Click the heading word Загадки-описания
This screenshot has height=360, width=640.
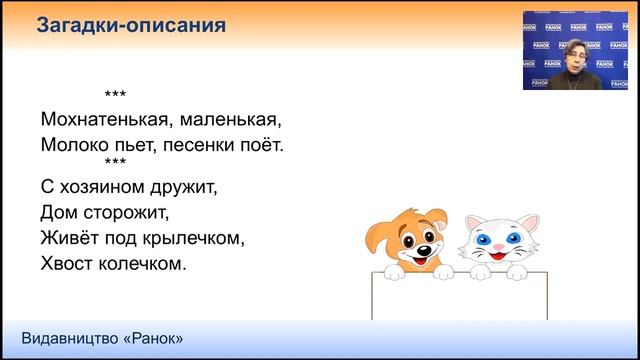[x=130, y=26]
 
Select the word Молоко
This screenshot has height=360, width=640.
[x=74, y=145]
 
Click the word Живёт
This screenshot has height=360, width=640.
[x=69, y=238]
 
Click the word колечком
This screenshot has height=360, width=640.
[x=144, y=264]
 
